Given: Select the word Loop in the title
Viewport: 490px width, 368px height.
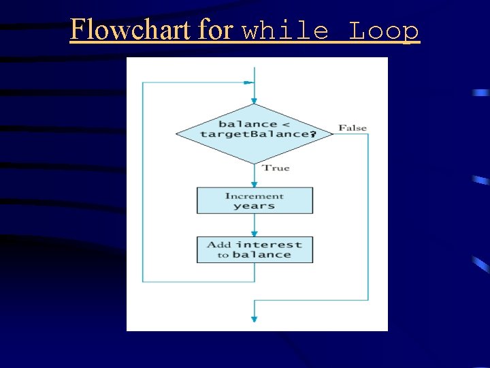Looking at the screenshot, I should click(384, 31).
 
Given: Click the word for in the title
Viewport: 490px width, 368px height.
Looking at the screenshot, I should click(216, 30).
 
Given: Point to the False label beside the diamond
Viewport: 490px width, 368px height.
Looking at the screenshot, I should click(353, 128).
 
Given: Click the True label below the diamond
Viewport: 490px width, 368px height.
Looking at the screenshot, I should click(276, 168).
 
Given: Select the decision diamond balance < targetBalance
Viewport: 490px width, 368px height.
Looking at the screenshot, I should click(255, 133).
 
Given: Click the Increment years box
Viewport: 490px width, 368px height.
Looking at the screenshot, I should click(255, 200).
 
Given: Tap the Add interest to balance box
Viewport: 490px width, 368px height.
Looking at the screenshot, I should click(255, 249).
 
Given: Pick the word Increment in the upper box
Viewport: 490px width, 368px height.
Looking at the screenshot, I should click(255, 196).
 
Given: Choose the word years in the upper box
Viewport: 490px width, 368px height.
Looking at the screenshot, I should click(254, 206).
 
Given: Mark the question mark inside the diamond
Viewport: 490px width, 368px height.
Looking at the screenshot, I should click(312, 134).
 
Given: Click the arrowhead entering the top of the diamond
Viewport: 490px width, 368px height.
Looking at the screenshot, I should click(255, 100).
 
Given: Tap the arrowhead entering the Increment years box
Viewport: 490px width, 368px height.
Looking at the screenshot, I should click(255, 184).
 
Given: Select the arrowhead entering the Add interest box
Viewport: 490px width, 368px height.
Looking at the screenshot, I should click(255, 233).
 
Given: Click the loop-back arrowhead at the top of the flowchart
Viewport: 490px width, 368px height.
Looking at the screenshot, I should click(249, 83).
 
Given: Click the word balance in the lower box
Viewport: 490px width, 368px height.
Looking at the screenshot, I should click(261, 255).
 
